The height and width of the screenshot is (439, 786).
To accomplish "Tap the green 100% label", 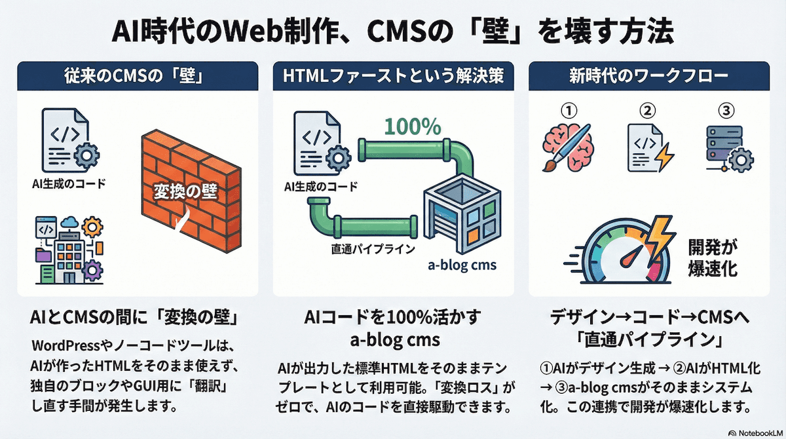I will click(x=412, y=125).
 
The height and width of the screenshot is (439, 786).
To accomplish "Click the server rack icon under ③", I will click(x=726, y=145).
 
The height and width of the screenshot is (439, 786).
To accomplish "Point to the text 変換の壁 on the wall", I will click(x=184, y=192).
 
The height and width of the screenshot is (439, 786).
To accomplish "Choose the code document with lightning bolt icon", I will click(x=648, y=147).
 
